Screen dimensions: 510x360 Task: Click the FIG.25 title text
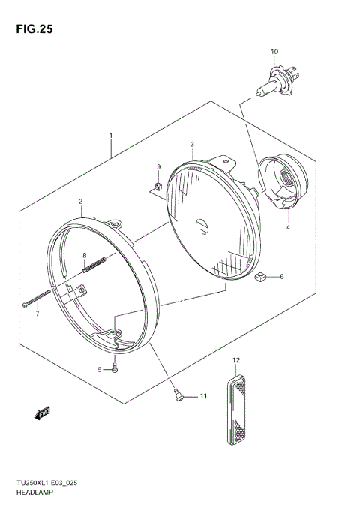click(31, 31)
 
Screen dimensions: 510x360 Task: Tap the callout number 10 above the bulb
click(274, 52)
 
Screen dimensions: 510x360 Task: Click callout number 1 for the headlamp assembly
click(111, 136)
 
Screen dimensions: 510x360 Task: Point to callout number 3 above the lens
click(192, 144)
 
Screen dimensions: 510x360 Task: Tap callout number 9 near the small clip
click(158, 166)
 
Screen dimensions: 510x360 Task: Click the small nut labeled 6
click(259, 277)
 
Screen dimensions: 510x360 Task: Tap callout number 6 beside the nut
click(282, 277)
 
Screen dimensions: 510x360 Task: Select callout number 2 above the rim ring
click(80, 201)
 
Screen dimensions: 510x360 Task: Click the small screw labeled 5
click(114, 368)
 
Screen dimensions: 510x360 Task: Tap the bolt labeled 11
click(177, 394)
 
